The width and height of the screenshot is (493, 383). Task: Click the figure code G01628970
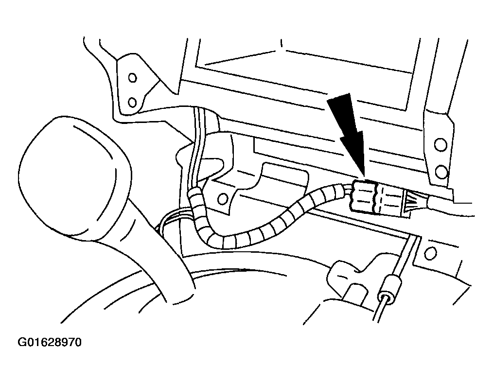[x=50, y=342]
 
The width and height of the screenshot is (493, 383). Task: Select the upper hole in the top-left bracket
[x=133, y=78]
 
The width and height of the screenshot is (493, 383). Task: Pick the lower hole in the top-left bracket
[x=132, y=102]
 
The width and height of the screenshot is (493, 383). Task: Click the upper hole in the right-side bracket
[x=440, y=145]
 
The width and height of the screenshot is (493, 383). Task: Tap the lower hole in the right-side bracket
[x=441, y=171]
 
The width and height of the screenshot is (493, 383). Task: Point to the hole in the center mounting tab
[x=223, y=198]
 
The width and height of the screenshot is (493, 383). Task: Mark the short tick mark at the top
[x=282, y=43]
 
